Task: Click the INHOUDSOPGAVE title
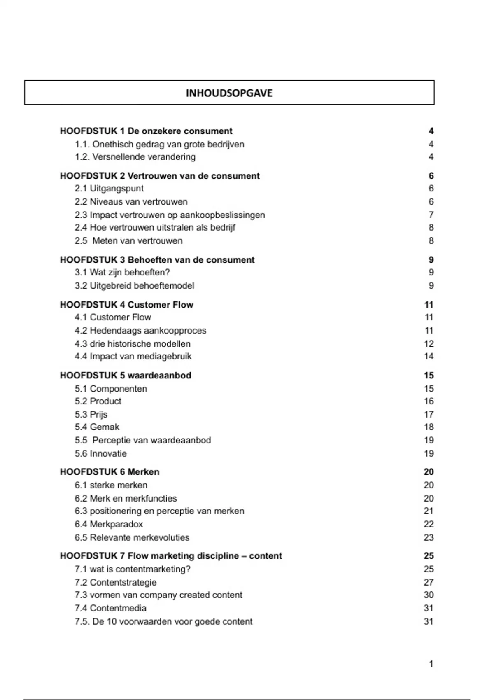229,93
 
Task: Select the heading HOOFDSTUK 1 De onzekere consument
146,131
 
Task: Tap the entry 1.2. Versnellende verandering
135,157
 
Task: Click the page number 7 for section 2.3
431,215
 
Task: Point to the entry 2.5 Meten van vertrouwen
128,241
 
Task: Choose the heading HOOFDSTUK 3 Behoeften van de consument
157,260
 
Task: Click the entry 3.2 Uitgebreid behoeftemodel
134,286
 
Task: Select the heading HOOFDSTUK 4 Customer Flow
126,305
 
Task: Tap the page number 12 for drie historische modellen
429,344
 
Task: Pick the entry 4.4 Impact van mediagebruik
133,357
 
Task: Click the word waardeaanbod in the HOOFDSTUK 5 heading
159,376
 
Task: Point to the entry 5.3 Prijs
91,415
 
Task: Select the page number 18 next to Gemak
429,427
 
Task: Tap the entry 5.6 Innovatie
100,454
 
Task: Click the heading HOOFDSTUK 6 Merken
110,472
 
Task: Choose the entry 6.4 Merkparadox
109,524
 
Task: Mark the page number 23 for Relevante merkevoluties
429,537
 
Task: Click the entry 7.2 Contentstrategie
116,583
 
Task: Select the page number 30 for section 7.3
429,595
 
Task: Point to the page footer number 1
431,664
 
